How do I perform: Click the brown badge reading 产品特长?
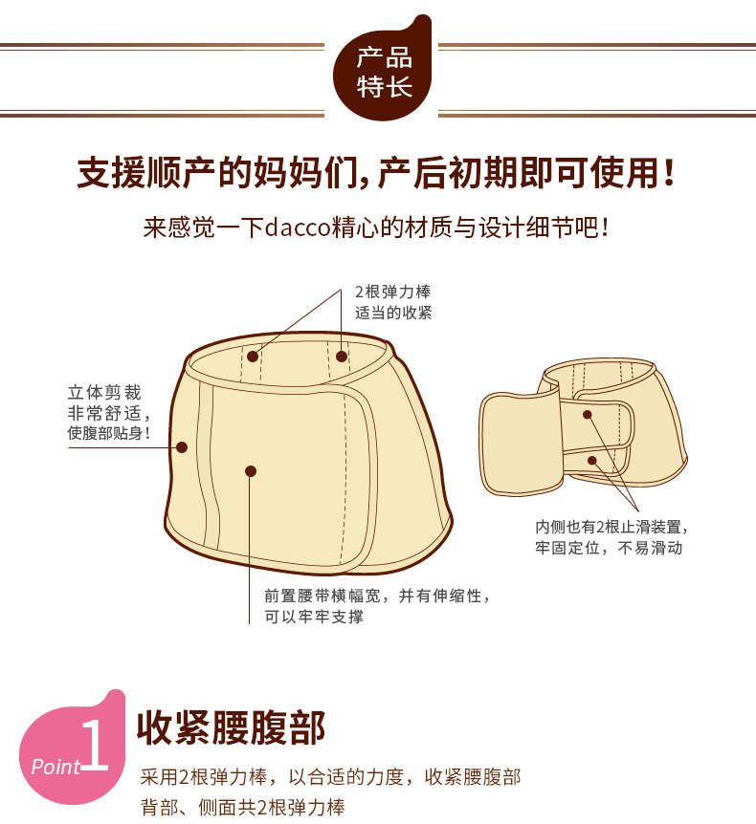(x=383, y=71)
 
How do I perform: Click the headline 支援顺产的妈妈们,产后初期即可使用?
(x=376, y=173)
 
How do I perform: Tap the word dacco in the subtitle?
(x=298, y=228)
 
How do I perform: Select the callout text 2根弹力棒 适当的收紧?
(x=393, y=302)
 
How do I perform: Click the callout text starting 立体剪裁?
(x=109, y=413)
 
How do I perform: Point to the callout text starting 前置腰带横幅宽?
(x=377, y=606)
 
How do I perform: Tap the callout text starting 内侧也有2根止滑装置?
(x=611, y=537)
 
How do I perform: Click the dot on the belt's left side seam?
(x=182, y=447)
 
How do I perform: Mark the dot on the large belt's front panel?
(x=251, y=471)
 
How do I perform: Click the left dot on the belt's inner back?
(x=253, y=357)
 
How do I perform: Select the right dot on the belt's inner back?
(x=342, y=357)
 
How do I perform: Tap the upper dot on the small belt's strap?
(x=588, y=415)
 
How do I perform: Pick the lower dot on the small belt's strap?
(x=592, y=461)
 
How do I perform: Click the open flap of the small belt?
(x=521, y=445)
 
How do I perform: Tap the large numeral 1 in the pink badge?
(x=96, y=746)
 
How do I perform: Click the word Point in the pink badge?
(x=56, y=767)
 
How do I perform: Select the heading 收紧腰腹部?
(x=231, y=727)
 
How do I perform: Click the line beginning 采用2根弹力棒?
(x=330, y=777)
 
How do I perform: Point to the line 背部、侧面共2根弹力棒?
(x=242, y=807)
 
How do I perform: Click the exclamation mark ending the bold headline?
(x=669, y=173)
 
